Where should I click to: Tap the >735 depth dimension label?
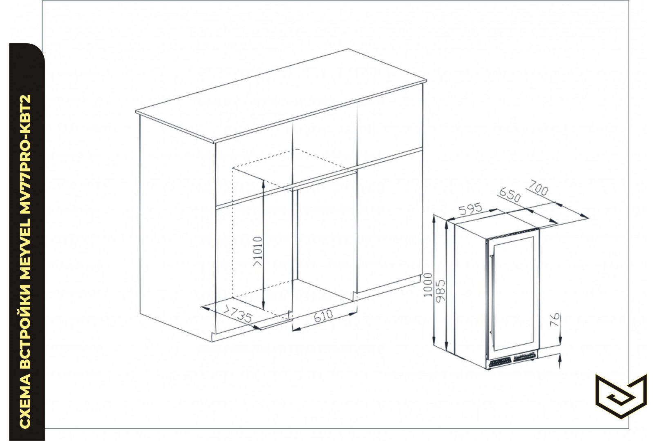point(238,314)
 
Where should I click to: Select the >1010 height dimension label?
point(258,251)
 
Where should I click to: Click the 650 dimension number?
point(510,195)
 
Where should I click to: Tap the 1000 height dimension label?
point(428,285)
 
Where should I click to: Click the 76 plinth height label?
point(555,319)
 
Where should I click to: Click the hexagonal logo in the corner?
point(621,397)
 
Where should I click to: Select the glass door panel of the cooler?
point(513,294)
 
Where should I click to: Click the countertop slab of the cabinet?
point(281,96)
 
